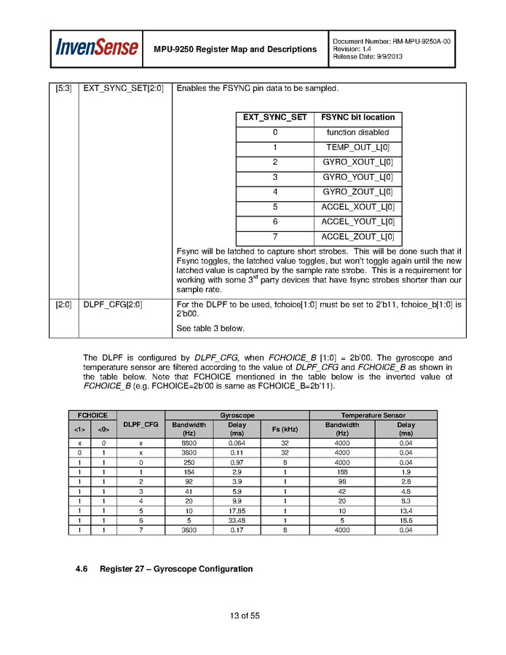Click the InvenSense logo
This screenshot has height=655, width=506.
coord(97,48)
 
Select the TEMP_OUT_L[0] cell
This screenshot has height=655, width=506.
coord(357,147)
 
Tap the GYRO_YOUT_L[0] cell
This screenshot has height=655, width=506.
coord(357,177)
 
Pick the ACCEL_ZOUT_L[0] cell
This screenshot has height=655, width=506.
coord(357,237)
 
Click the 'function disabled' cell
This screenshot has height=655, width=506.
coord(357,133)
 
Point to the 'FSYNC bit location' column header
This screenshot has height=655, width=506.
coord(357,117)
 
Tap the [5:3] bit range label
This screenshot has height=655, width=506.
coord(63,89)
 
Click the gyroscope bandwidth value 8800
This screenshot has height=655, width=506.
coord(189,442)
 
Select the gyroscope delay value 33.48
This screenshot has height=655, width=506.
coord(236,520)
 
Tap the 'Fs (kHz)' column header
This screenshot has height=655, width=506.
coord(285,428)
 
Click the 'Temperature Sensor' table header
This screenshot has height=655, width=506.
coord(373,415)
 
